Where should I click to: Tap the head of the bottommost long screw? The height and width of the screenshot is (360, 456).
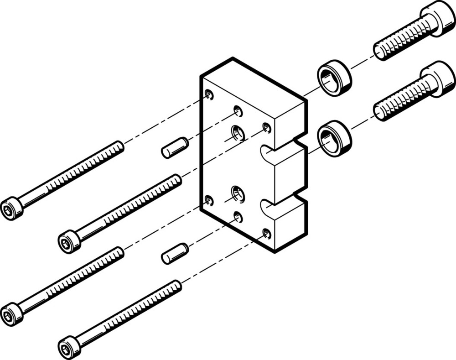coord(68,347)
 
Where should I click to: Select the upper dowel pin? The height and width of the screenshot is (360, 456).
coord(175,147)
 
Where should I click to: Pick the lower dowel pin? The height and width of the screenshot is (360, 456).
coord(175,254)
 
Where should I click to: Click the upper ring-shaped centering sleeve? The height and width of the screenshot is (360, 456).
coord(334,78)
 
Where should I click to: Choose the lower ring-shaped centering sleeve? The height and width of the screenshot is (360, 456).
coord(334,138)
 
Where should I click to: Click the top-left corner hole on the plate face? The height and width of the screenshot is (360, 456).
coord(209,95)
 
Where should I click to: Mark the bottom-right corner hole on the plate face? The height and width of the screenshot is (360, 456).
coord(267,235)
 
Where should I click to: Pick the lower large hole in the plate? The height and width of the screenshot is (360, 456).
coord(238,194)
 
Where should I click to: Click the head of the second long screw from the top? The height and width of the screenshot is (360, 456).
coord(69,241)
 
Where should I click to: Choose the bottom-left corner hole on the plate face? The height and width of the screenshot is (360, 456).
coord(209,200)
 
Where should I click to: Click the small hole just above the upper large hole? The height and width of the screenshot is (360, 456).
coord(238,111)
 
